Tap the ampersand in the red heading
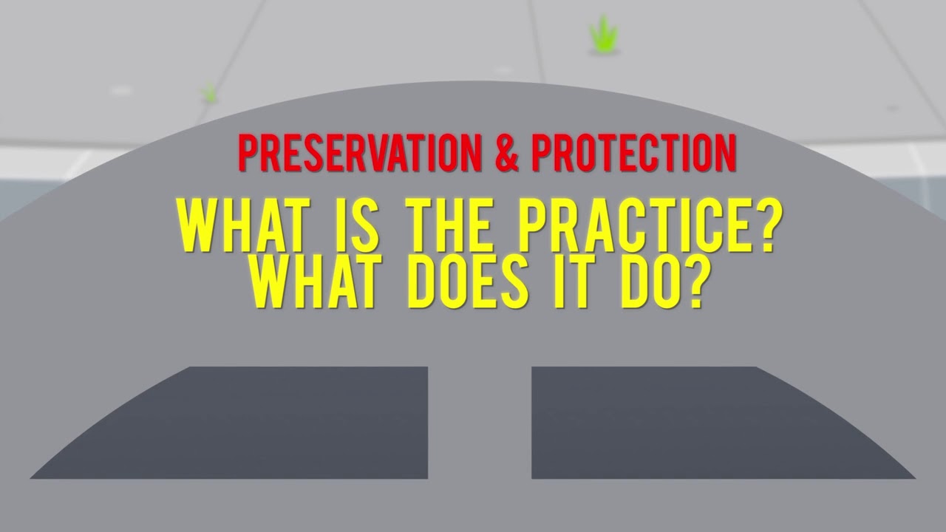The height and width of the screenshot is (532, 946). click(506, 154)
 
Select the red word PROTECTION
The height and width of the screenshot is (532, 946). click(634, 154)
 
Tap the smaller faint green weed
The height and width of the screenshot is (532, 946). click(210, 93)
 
